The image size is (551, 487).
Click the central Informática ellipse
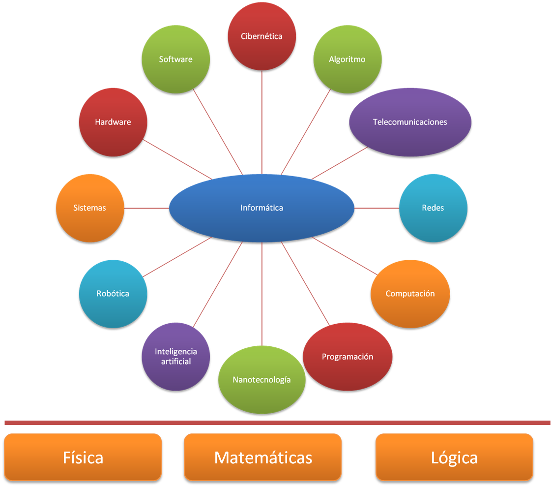261,208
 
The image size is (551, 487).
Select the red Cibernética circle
261,36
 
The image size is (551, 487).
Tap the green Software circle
175,60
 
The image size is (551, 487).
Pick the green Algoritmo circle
347,60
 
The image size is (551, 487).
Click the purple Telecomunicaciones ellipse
410,122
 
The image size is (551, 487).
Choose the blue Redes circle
433,208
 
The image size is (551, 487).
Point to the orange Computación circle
410,294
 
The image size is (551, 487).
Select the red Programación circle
348,357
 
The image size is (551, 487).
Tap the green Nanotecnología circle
261,380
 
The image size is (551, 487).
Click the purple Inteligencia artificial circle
175,357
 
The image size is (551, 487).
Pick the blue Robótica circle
113,294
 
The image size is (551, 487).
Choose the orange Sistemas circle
89,208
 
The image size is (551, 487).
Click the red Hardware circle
113,122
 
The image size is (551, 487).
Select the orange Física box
83,457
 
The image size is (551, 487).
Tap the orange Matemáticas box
262,457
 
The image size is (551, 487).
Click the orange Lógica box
454,457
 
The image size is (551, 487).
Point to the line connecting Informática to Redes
377,209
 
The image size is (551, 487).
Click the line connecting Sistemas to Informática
146,209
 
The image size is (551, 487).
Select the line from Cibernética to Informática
262,123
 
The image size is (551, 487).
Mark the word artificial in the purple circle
175,362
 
